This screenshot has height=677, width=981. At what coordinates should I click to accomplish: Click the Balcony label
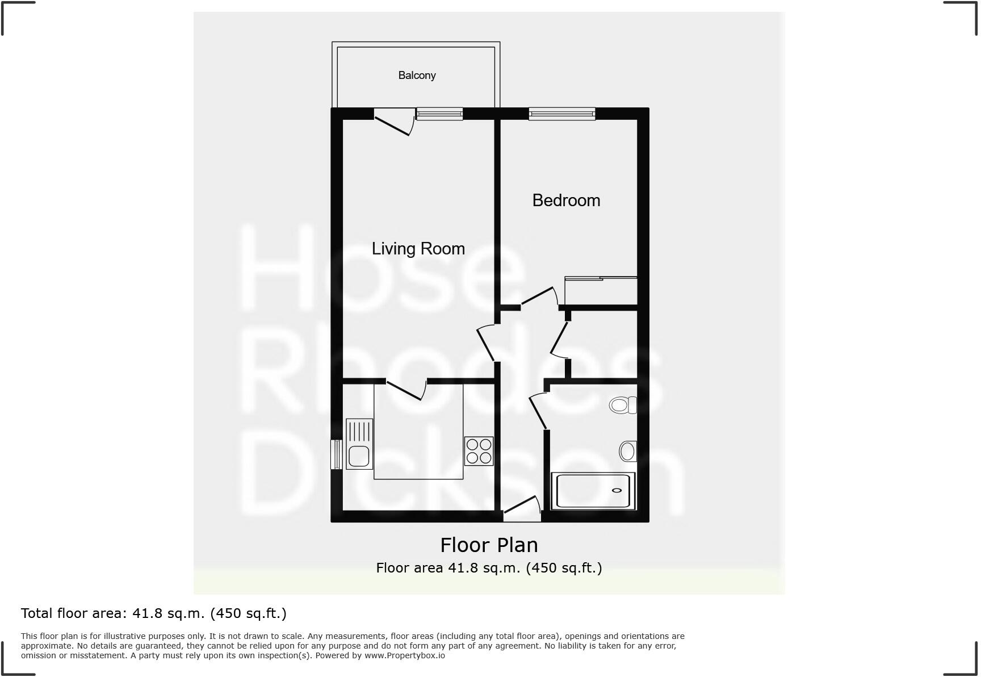(x=417, y=76)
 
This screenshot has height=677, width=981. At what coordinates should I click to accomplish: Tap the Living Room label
(x=418, y=249)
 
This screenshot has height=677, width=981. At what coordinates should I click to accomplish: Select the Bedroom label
(x=565, y=200)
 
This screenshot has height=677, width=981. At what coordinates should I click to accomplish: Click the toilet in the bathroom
(x=622, y=405)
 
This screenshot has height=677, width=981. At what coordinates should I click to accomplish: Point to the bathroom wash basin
(x=627, y=452)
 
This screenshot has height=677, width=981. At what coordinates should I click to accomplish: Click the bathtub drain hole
(x=617, y=490)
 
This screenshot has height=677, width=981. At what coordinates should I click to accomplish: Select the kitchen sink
(x=359, y=445)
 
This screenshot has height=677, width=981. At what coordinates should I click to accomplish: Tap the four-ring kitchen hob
(x=478, y=451)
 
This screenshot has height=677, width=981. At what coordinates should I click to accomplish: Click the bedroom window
(x=561, y=114)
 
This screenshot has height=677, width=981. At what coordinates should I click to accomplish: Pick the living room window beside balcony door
(x=439, y=114)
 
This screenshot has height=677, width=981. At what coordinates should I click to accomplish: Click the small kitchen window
(x=336, y=454)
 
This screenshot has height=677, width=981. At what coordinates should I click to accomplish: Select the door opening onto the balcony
(x=393, y=122)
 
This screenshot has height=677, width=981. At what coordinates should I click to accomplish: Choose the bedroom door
(x=538, y=296)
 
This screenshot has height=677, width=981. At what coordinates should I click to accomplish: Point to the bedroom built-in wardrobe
(x=601, y=291)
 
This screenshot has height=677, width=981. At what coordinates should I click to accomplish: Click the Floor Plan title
(x=489, y=545)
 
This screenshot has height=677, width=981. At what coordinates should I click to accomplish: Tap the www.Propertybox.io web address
(x=404, y=655)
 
